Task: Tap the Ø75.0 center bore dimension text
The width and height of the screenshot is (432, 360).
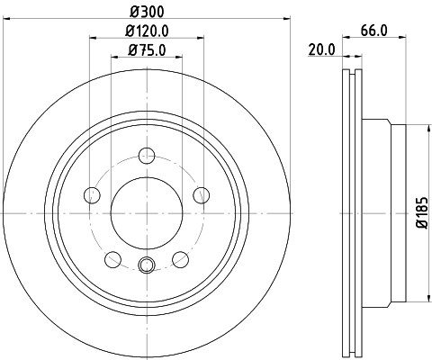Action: coord(147,49)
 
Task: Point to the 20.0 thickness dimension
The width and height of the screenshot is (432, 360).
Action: coord(321,50)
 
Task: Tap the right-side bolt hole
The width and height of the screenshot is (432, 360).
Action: coord(202,194)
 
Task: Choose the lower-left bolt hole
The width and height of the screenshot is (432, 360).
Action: coord(112,259)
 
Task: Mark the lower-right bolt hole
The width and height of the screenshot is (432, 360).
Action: coord(181,259)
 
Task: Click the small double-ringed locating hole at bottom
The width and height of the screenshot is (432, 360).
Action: coord(147,265)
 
